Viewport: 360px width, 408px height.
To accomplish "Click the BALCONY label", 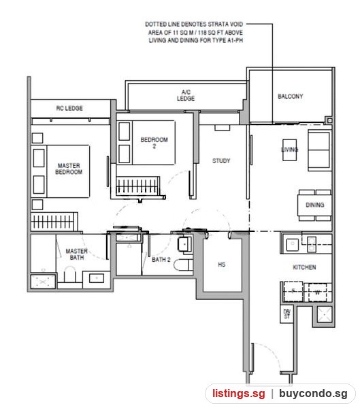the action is click(x=290, y=97).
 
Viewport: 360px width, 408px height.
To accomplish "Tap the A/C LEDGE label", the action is click(x=186, y=95).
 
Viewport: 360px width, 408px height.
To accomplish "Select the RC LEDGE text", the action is click(x=69, y=108).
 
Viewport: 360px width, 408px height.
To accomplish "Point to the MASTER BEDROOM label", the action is click(x=69, y=169).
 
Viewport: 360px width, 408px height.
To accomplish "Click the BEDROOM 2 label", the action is click(x=154, y=143).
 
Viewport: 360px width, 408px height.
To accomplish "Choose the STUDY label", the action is click(x=221, y=160).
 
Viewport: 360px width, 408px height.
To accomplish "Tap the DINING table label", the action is click(x=315, y=205).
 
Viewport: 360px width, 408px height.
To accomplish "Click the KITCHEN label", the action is click(x=304, y=267).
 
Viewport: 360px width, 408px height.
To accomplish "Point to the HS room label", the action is click(x=221, y=265).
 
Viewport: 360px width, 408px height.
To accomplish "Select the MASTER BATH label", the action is click(x=77, y=254).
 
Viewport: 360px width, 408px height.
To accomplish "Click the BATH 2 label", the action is click(x=161, y=260).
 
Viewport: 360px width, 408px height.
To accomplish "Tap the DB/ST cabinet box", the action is click(x=287, y=314).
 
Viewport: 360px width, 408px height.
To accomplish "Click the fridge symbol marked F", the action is click(x=293, y=291).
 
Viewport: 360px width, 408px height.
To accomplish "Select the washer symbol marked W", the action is click(x=317, y=292).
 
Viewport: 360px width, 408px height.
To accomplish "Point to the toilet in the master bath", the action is click(x=69, y=274).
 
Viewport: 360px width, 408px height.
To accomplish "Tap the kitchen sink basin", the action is click(x=292, y=244).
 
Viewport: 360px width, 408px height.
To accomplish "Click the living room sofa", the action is click(x=319, y=150).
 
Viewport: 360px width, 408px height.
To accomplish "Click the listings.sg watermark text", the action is click(x=239, y=393).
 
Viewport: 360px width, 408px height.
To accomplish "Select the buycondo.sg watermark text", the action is click(x=313, y=394).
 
